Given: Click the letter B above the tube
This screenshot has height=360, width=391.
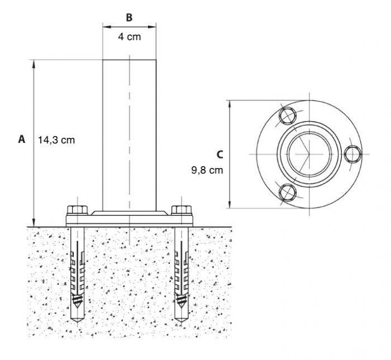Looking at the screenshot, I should click(129, 17).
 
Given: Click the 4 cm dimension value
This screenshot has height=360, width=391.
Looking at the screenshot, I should click(129, 37).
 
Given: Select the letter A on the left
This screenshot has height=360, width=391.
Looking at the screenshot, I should click(22, 140).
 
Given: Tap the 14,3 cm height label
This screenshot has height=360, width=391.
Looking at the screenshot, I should click(56, 140).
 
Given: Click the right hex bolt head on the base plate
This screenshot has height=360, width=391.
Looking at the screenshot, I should click(181, 210).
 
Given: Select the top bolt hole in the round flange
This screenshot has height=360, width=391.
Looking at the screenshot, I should click(288, 116).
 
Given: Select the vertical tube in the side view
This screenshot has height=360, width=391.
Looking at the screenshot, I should click(129, 134).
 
